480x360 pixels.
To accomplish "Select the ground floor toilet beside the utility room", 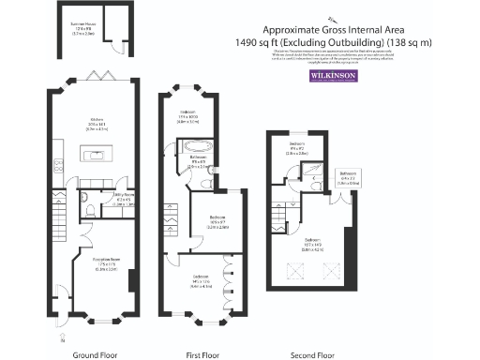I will pos(86,211).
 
